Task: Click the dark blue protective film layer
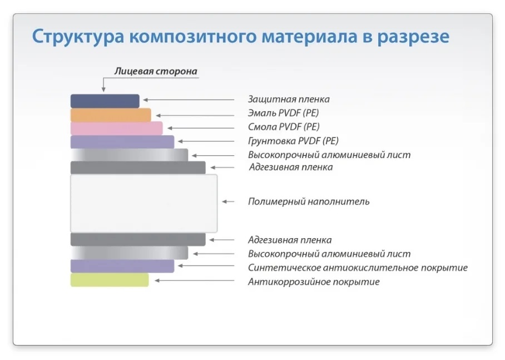[105, 101]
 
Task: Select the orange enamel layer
[111, 115]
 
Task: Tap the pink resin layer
[116, 128]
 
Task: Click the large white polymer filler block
[143, 203]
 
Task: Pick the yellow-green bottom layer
[110, 280]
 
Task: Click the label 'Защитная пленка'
[289, 99]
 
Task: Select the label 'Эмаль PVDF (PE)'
[284, 113]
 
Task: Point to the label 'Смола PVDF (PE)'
[284, 127]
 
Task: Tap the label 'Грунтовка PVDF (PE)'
[293, 141]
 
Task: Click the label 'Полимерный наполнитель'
[309, 201]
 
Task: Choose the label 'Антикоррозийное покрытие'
[314, 282]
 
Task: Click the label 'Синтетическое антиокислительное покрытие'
[358, 268]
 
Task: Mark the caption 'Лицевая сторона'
[155, 71]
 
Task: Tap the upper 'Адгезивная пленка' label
[291, 167]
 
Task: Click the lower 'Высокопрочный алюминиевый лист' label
[329, 254]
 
